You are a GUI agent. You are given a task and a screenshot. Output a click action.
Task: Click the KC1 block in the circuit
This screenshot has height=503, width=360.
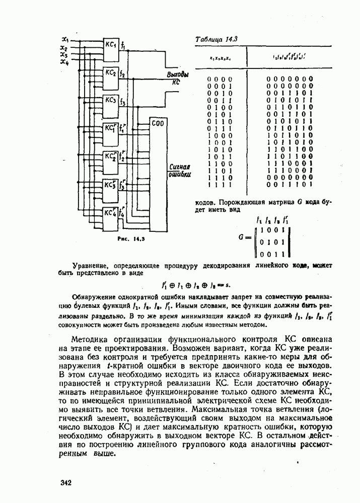click(111, 45)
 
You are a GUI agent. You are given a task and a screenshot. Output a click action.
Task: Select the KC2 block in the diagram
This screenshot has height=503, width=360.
click(111, 74)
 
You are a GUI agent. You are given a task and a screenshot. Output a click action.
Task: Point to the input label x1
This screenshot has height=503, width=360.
click(64, 39)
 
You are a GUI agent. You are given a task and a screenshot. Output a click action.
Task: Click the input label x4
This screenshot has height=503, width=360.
click(64, 62)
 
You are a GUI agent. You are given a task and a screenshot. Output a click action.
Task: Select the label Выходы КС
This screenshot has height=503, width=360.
click(177, 77)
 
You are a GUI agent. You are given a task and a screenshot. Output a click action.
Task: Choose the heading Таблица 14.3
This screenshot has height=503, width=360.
click(212, 39)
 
